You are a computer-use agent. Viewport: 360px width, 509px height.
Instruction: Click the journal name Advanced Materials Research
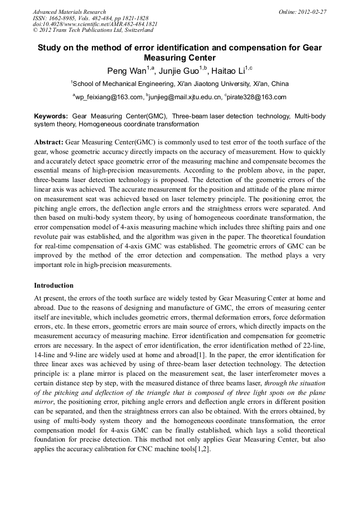click(70, 12)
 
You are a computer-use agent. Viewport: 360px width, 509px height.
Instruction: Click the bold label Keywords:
click(51, 116)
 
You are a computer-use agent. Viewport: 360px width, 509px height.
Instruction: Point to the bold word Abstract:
click(49, 143)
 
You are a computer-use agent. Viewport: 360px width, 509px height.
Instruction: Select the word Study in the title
click(50, 48)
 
